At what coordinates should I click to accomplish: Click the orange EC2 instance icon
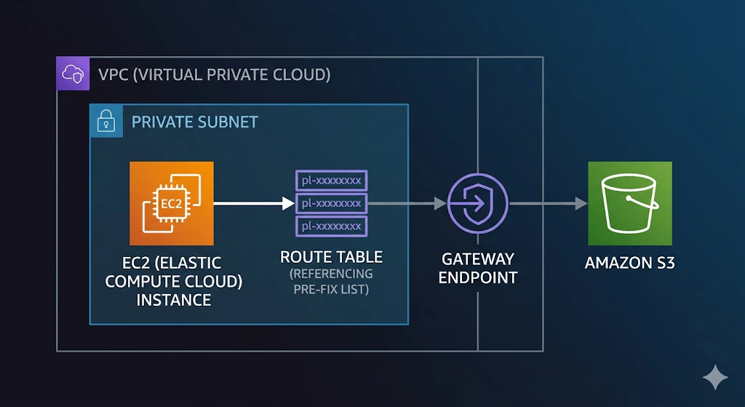pos(172,204)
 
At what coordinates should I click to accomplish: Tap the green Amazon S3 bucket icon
pos(629,204)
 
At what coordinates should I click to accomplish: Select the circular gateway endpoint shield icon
pos(477,204)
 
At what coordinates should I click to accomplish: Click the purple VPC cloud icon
pos(73,74)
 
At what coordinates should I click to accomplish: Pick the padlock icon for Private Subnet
pos(106,121)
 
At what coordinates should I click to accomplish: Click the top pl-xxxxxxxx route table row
pos(332,181)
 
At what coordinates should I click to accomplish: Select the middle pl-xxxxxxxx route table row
pos(332,204)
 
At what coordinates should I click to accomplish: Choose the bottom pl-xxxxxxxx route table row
pos(332,226)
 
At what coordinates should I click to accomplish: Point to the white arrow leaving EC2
pos(254,204)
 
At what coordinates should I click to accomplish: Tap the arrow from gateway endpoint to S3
pos(548,204)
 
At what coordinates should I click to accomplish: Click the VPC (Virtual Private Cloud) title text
pos(215,75)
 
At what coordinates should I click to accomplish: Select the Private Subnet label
pos(195,122)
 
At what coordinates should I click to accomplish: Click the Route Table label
pos(331,257)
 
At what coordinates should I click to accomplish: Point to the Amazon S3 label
pos(629,263)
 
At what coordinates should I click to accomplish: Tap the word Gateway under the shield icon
pos(478,259)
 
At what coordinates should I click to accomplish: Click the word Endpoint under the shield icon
pos(478,277)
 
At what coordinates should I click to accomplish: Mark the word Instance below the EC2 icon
pos(174,300)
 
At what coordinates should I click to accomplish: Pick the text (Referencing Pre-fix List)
pos(331,282)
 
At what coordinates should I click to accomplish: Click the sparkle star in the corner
pos(715,378)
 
